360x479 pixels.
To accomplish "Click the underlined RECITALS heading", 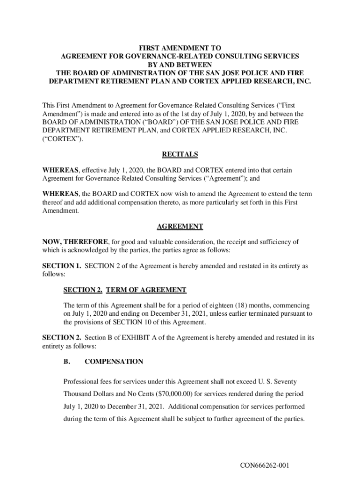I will (x=180, y=154).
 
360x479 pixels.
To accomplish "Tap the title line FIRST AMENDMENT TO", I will (x=180, y=48).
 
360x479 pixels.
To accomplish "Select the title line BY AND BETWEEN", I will (x=180, y=65).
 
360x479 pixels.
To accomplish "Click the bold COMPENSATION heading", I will (x=114, y=362).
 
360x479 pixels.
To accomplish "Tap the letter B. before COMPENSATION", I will (x=67, y=362).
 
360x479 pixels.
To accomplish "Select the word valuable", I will (x=164, y=242).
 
